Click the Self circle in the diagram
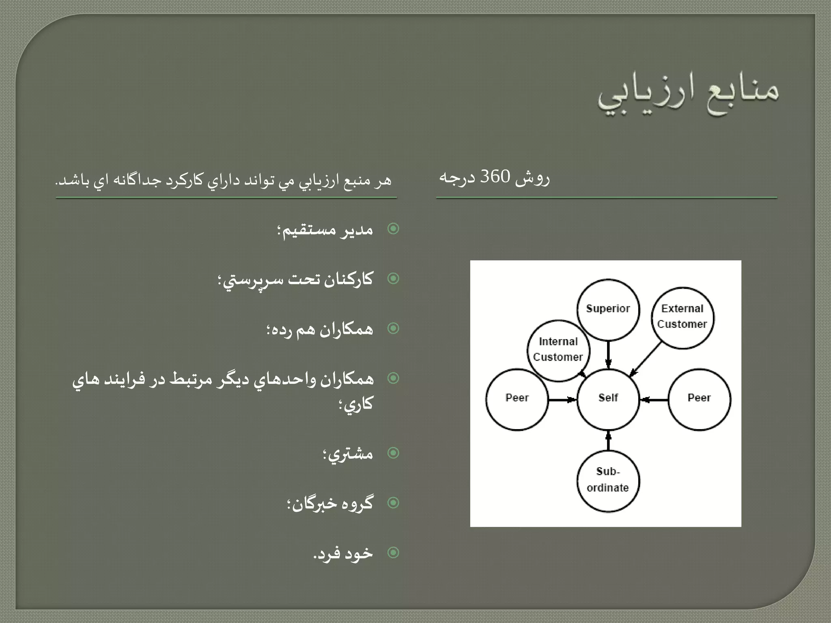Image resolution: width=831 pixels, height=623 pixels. coord(608,399)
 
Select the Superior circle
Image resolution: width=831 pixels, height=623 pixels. coord(608,309)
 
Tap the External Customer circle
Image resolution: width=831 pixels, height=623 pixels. coord(682,318)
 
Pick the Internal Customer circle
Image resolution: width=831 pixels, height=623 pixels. coord(558,350)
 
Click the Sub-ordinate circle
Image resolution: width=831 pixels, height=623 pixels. coord(608,480)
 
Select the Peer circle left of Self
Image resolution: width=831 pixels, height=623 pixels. coord(517,399)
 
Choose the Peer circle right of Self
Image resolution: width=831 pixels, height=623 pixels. coord(699,399)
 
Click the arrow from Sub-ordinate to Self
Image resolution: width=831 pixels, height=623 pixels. coord(608,441)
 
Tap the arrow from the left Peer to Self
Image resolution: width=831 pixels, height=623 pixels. coord(562,400)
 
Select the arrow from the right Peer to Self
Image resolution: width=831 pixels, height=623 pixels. coord(654,400)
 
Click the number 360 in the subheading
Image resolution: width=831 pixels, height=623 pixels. coord(495,177)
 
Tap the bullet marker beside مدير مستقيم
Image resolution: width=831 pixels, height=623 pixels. coord(393,229)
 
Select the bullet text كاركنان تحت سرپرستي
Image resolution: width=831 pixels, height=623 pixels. coord(295,280)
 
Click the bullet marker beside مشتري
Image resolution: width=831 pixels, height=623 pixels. coord(393,453)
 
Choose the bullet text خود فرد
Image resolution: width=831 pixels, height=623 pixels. coord(343,553)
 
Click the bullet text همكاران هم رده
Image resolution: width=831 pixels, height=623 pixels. coord(320,329)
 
